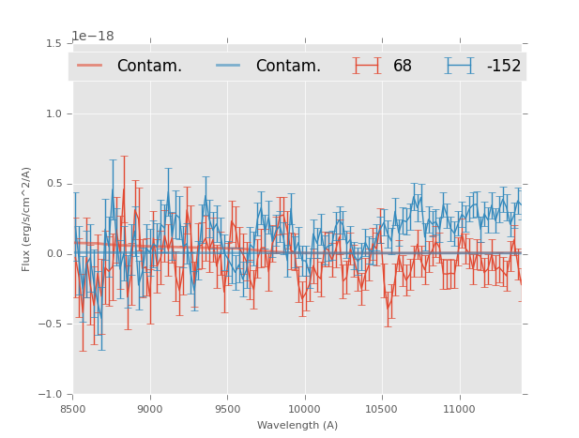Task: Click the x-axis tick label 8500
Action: (72, 409)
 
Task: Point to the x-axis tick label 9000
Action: (150, 409)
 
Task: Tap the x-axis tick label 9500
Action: (227, 409)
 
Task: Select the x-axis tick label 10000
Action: (304, 409)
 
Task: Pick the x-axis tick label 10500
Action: (382, 409)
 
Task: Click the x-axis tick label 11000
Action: (459, 409)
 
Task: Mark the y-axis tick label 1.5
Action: (53, 43)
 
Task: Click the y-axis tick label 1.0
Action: (53, 113)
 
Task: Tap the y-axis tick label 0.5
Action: (53, 184)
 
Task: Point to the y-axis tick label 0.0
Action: (53, 254)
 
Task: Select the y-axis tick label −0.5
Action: (51, 325)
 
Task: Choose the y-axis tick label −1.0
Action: (51, 395)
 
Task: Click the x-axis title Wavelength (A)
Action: (297, 426)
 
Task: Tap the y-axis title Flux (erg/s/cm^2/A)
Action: (27, 219)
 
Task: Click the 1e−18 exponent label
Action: (93, 37)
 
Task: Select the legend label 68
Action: (403, 67)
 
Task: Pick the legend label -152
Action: (504, 67)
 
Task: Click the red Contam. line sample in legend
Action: (90, 66)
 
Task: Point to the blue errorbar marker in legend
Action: (459, 66)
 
